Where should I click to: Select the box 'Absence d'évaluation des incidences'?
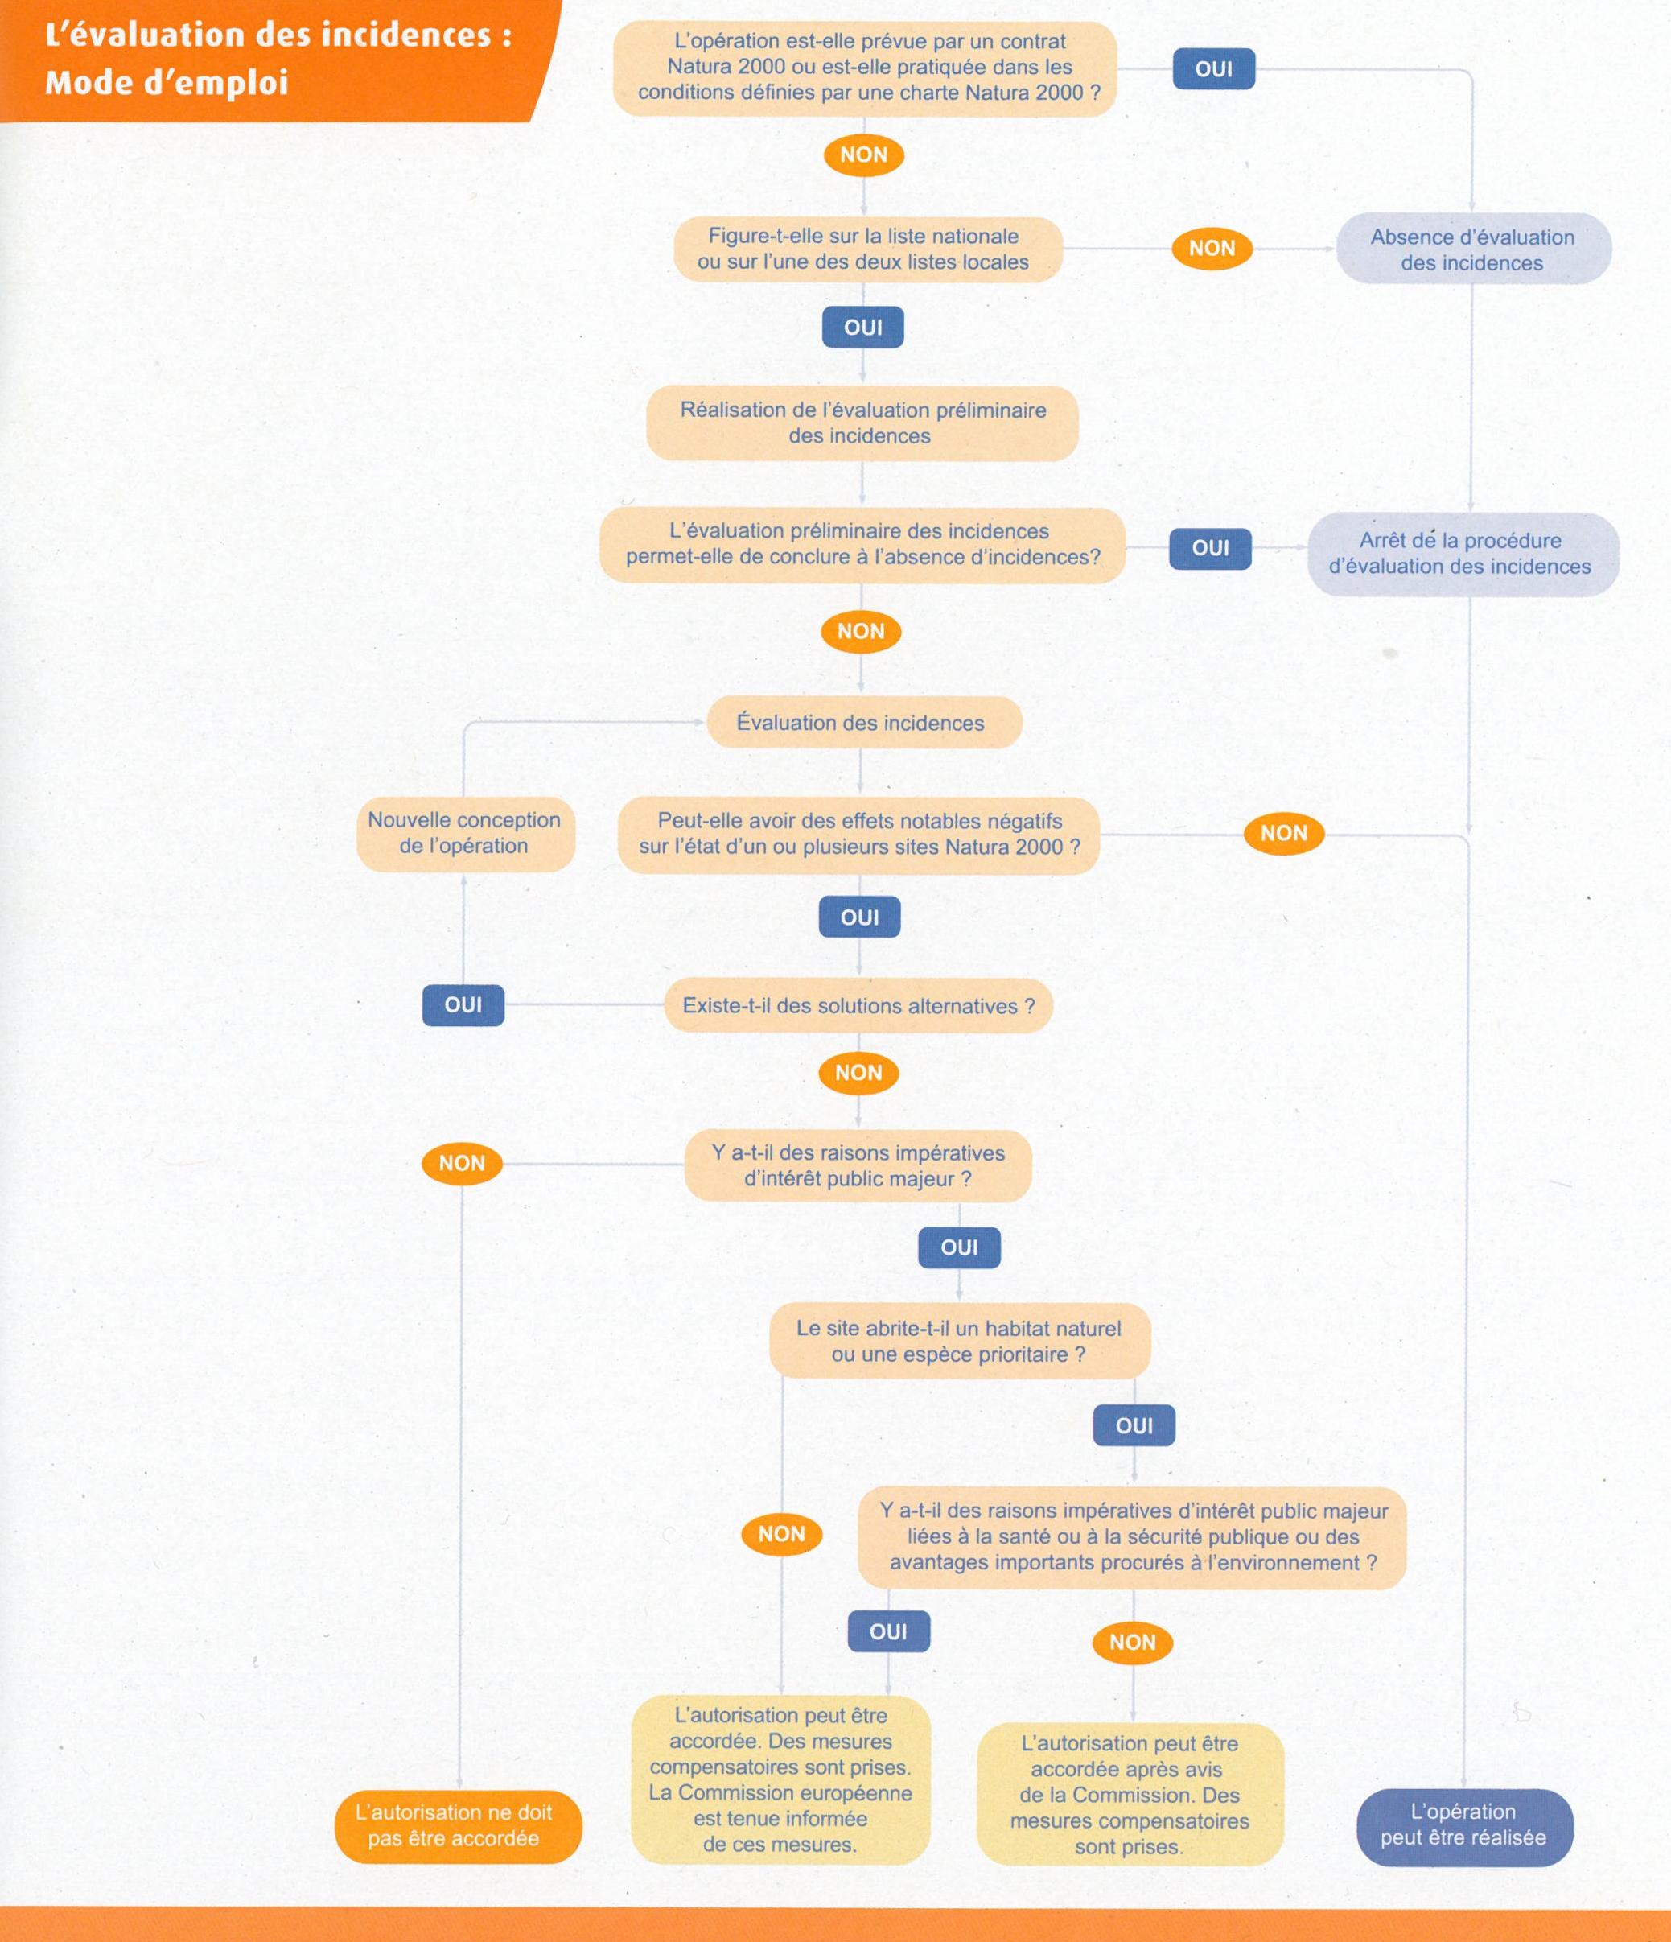click(1472, 250)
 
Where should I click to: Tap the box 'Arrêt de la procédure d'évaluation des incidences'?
click(1461, 554)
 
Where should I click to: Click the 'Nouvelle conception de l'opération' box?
click(465, 833)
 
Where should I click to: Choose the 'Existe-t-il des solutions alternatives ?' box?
click(858, 1006)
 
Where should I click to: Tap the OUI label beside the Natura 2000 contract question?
click(1214, 68)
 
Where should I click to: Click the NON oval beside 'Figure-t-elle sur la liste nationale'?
click(1212, 249)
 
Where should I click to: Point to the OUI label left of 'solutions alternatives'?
click(463, 1004)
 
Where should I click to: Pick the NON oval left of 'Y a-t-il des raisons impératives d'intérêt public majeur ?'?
click(462, 1163)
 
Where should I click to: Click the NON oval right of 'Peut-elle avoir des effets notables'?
click(1283, 833)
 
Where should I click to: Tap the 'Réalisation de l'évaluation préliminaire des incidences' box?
click(862, 423)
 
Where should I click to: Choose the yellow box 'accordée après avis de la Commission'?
click(1130, 1794)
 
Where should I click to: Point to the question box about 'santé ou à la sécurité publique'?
click(1132, 1537)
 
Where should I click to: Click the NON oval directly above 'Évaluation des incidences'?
click(860, 632)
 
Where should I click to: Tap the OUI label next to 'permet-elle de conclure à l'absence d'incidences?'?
click(1210, 548)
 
